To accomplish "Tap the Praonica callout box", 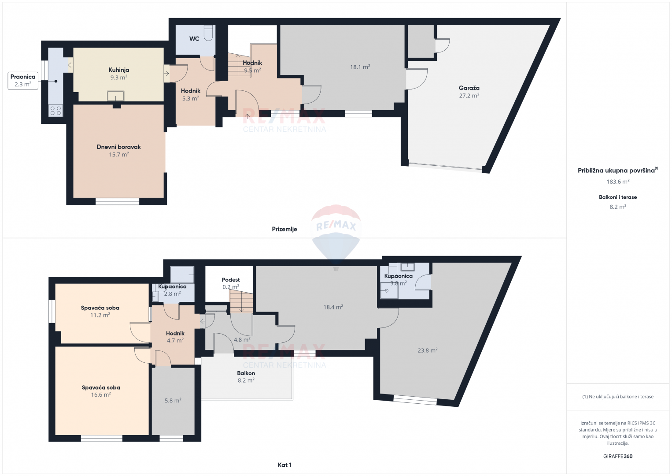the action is click(x=23, y=81).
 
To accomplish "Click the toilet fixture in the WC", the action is click(x=208, y=33).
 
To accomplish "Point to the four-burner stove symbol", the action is click(x=56, y=111).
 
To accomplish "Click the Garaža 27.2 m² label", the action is click(x=469, y=92).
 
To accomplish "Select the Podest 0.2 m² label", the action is click(x=231, y=283).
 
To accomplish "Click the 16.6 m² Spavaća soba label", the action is click(x=101, y=391).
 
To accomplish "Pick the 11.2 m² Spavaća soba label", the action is click(x=100, y=312).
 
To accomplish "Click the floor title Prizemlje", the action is click(x=284, y=229).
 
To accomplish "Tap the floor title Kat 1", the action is click(x=284, y=465).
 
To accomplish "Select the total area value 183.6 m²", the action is click(x=618, y=182).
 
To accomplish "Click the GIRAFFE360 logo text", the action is click(x=618, y=456).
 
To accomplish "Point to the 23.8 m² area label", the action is click(x=428, y=350).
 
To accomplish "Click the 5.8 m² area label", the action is click(x=173, y=400).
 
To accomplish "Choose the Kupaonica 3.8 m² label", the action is click(x=399, y=279).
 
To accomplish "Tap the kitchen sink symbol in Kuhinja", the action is click(x=115, y=96).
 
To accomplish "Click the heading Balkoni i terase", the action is click(x=618, y=197).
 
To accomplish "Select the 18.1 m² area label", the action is click(x=360, y=67).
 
